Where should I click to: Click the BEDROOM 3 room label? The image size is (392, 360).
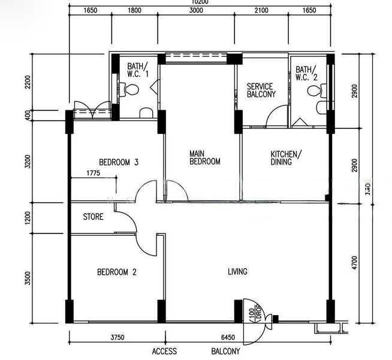119,162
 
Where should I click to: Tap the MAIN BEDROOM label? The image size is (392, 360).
205,157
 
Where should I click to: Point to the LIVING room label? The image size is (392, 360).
237,272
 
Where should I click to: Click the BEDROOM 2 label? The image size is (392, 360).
117,272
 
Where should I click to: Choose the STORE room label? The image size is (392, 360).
93,217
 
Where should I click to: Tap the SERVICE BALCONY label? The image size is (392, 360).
261,91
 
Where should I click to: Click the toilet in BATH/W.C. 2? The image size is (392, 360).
312,91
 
